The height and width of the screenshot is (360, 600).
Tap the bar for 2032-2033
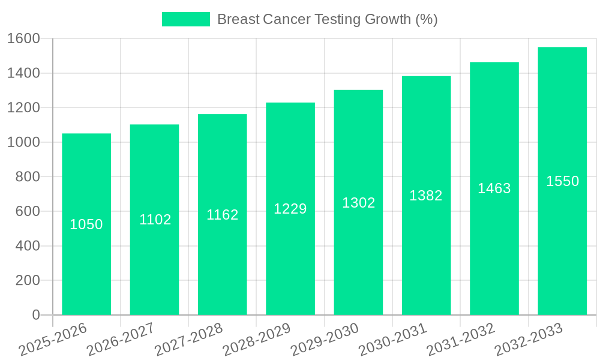point(562,240)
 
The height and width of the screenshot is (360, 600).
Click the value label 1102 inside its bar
point(155,220)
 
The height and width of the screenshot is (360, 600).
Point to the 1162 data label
point(223,215)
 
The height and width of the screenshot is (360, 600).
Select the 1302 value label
point(359,203)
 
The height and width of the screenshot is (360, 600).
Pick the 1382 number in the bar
point(426,196)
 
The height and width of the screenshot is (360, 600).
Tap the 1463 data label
point(494,188)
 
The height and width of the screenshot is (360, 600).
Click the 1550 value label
point(562,181)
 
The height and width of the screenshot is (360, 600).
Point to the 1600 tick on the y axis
point(24,39)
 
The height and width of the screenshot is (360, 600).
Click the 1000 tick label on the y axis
point(24,143)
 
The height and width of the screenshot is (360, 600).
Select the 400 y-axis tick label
point(28,246)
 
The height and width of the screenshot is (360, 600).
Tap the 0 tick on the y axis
point(36,315)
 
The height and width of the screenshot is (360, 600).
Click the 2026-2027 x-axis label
point(121,339)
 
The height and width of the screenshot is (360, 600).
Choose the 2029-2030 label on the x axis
point(325,339)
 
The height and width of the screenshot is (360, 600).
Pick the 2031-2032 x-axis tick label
point(460,339)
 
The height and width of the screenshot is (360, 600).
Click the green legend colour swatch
point(186,19)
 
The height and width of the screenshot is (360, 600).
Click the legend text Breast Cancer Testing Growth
point(327,19)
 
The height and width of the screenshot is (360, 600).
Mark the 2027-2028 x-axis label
point(188,339)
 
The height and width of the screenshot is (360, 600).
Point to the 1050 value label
point(86,224)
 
